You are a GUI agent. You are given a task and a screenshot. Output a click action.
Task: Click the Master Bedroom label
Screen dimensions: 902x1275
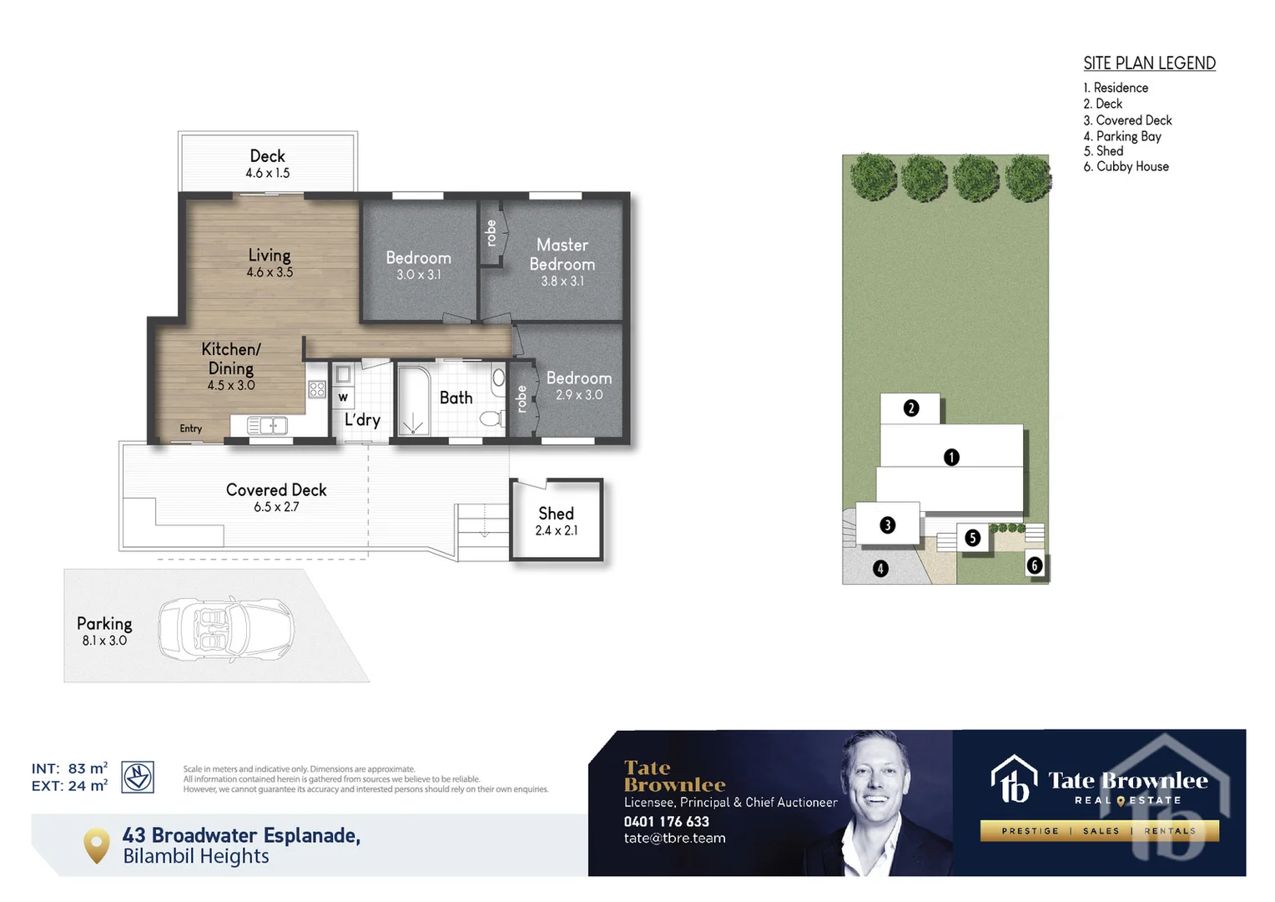562,254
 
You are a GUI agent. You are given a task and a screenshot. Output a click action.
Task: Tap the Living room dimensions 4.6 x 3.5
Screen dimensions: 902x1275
270,272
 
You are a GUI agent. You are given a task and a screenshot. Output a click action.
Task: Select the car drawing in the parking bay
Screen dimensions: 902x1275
226,628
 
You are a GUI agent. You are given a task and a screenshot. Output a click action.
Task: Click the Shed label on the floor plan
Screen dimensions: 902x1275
556,514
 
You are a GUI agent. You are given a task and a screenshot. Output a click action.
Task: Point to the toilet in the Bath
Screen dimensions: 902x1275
492,417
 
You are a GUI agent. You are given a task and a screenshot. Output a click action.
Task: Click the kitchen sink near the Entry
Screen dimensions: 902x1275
268,426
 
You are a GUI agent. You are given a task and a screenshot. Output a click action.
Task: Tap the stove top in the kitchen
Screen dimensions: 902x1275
317,388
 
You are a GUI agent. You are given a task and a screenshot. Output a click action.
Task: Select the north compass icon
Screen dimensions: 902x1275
138,777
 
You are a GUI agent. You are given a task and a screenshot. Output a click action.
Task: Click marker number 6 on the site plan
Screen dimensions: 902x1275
1035,565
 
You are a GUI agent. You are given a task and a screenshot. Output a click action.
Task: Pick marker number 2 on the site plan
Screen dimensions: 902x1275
911,408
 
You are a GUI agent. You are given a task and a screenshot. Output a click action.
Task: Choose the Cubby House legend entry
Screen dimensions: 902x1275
1126,167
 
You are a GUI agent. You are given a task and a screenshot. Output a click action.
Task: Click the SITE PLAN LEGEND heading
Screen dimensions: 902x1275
1149,63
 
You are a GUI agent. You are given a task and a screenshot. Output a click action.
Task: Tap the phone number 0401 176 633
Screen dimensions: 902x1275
667,822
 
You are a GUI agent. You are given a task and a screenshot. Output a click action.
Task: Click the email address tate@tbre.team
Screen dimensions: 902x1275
674,839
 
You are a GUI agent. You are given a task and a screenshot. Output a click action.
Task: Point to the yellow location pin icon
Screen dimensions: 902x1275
97,845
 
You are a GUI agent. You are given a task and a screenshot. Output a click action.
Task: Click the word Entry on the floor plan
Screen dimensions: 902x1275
191,428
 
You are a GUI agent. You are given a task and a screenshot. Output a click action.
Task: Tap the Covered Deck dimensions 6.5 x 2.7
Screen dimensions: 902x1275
276,507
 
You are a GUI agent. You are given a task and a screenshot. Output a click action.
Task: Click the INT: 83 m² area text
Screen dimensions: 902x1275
69,768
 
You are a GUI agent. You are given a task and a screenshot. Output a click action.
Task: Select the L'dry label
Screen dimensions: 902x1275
362,419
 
